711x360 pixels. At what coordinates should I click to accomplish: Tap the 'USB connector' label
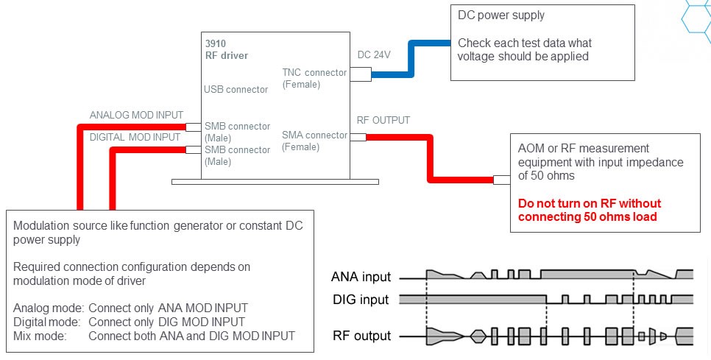[236, 90]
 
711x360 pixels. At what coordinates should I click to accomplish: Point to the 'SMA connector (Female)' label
[314, 141]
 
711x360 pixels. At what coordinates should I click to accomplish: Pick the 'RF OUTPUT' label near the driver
[383, 120]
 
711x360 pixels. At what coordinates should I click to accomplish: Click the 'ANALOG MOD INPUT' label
[136, 116]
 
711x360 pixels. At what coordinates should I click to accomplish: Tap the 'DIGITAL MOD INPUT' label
[135, 137]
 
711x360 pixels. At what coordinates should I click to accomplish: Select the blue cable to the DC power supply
[412, 63]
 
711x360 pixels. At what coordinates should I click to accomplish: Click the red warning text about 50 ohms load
[590, 210]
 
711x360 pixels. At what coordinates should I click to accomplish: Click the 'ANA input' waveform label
[361, 278]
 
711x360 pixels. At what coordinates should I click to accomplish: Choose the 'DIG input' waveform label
[361, 300]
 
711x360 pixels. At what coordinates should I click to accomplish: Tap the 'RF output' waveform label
[361, 336]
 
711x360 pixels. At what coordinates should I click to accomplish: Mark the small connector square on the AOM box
[500, 180]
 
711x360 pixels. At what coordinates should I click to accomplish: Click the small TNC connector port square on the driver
[360, 74]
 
